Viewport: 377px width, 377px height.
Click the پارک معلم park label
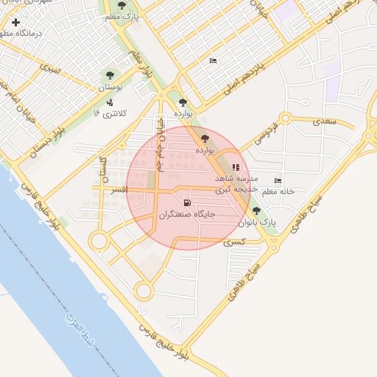click(x=122, y=16)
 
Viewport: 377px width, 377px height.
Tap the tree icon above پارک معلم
click(x=122, y=6)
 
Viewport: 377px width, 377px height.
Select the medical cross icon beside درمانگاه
click(x=15, y=23)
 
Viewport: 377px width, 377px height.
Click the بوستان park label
click(x=110, y=87)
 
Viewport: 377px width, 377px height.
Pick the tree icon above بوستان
click(x=110, y=75)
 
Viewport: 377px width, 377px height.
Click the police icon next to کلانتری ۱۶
click(x=110, y=102)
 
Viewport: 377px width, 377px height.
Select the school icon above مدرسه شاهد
click(x=236, y=167)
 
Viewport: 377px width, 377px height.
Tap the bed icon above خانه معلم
click(x=278, y=180)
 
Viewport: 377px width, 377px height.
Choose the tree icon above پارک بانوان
click(x=256, y=211)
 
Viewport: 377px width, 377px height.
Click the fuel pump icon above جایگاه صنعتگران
click(x=186, y=202)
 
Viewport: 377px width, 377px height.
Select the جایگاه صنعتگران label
click(x=186, y=214)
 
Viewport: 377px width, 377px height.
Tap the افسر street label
click(x=116, y=190)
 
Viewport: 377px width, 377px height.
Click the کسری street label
click(x=233, y=242)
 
